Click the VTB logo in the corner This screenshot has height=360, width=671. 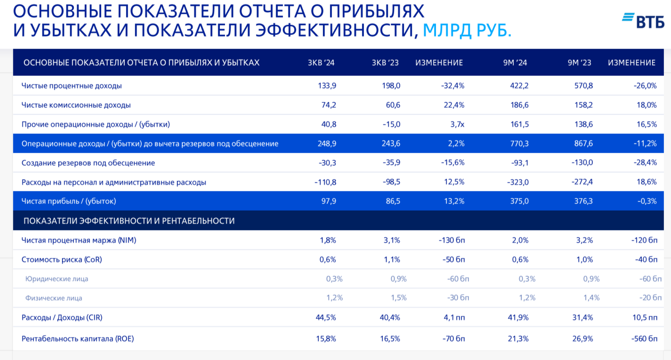[643, 20]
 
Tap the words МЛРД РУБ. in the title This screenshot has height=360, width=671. [467, 30]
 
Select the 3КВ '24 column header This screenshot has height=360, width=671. [321, 63]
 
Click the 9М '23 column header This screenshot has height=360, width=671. [580, 63]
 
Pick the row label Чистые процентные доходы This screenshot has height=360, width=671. [72, 86]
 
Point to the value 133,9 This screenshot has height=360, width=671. [327, 86]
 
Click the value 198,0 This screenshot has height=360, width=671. [391, 86]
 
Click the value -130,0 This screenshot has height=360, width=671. [582, 163]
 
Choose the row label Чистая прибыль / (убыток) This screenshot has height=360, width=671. [69, 201]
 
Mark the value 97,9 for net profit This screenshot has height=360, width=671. [328, 201]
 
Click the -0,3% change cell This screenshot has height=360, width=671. [647, 201]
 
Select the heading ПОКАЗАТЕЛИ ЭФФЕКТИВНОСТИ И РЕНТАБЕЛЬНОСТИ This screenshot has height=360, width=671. [129, 221]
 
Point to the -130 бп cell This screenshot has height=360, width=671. [452, 240]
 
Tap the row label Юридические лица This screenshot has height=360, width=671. [57, 278]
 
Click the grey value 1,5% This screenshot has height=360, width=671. [398, 298]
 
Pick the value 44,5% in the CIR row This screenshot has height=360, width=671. [326, 317]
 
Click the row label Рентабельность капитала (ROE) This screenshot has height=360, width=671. [78, 338]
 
